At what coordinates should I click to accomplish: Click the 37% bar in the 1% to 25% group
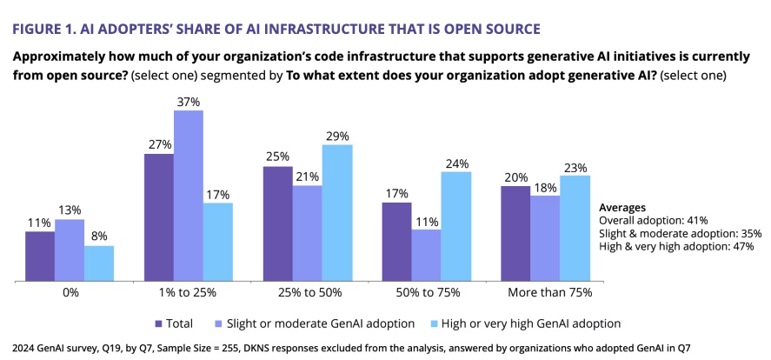(x=189, y=196)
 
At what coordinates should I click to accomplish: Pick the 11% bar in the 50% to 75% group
(x=427, y=256)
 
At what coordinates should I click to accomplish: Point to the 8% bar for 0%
(x=99, y=263)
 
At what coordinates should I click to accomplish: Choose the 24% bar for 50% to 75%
(x=456, y=226)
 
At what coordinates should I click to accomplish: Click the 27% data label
(x=158, y=144)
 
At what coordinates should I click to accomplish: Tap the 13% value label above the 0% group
(x=70, y=210)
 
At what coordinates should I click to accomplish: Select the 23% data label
(x=575, y=167)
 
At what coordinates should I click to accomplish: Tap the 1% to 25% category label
(x=189, y=293)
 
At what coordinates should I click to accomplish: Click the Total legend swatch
(x=158, y=323)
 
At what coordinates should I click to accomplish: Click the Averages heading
(x=622, y=208)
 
